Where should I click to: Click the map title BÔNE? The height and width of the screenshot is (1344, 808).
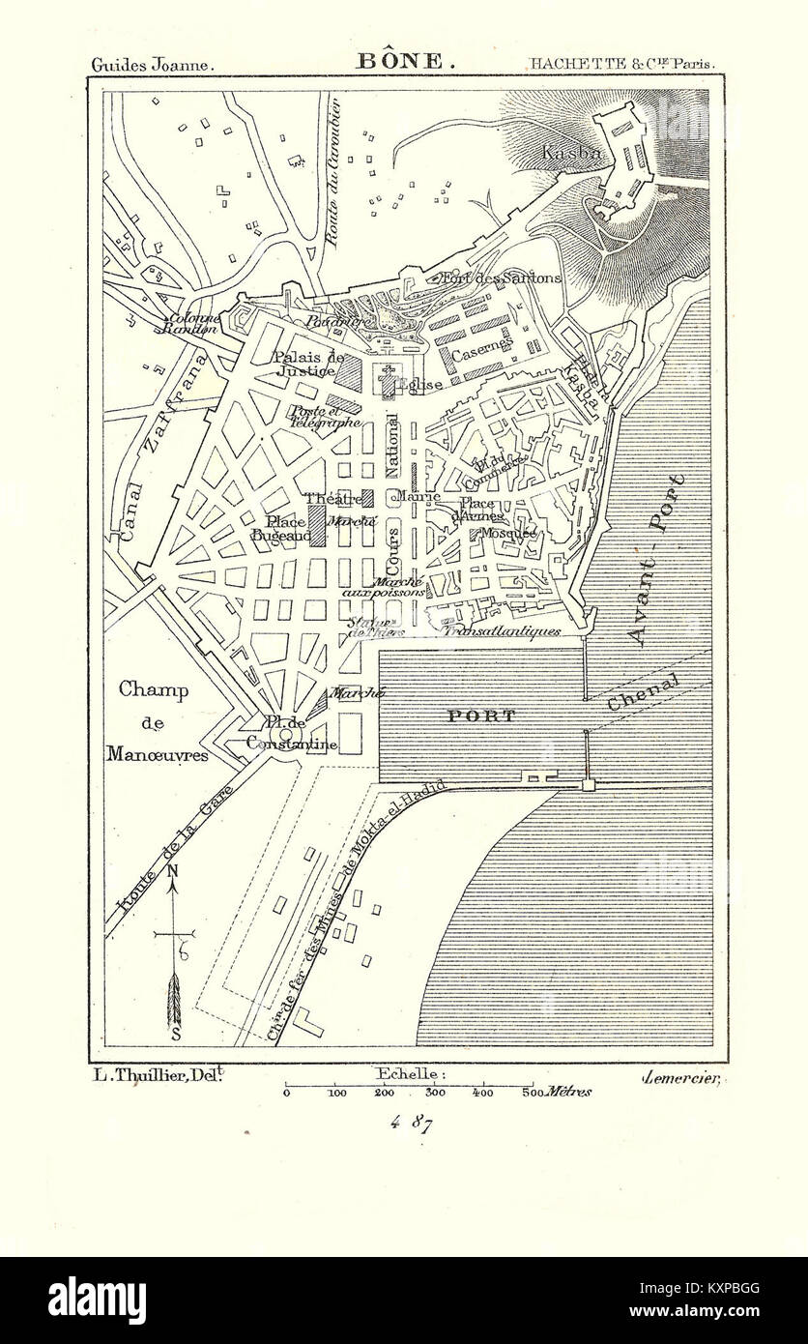400,61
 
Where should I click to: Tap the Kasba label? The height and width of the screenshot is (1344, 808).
573,153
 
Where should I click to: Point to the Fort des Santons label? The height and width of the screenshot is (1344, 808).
500,278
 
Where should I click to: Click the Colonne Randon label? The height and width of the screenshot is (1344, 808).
193,323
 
